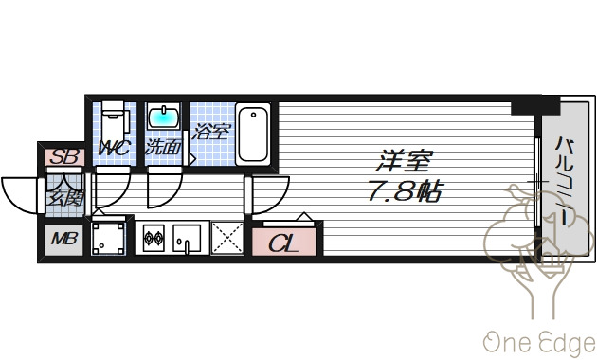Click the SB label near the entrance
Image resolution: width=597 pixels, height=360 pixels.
64,157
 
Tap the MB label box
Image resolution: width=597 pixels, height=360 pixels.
63,239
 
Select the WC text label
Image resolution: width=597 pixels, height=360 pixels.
115,149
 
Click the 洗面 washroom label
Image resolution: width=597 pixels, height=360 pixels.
163,149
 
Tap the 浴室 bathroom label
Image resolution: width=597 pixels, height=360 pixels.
210,132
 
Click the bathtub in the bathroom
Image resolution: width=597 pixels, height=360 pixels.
253,134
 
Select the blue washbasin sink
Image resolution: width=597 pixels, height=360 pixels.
164,118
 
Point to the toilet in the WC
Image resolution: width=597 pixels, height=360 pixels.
114,119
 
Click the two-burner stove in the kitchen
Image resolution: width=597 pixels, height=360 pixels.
154,239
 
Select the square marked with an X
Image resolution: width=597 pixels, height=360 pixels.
227,239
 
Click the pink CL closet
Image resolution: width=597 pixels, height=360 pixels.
283,242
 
